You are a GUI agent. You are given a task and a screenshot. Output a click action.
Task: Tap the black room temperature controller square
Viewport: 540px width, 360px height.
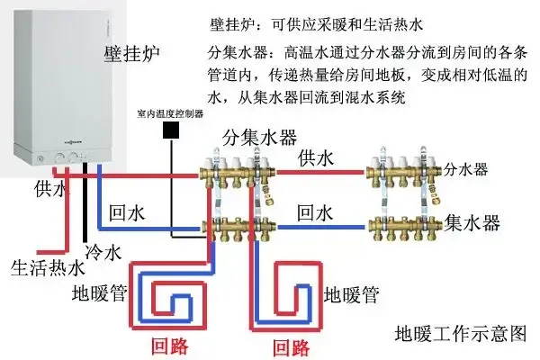point(169,130)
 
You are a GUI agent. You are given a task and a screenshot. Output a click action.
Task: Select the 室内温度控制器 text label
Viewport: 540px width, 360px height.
point(168,114)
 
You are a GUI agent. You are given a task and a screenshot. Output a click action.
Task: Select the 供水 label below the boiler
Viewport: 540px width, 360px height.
point(50,190)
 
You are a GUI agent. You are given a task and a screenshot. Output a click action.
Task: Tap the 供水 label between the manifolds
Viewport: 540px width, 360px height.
point(316,159)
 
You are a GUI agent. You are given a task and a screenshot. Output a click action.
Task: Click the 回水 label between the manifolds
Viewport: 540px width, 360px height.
point(316,213)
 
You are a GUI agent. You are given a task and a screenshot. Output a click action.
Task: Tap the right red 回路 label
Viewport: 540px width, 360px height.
point(290,346)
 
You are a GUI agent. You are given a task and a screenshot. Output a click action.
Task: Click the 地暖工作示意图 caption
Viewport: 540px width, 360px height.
point(460,335)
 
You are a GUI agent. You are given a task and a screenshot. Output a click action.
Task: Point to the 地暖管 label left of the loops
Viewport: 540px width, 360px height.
point(98,292)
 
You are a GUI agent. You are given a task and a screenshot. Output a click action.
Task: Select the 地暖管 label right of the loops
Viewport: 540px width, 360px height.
point(350,293)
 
